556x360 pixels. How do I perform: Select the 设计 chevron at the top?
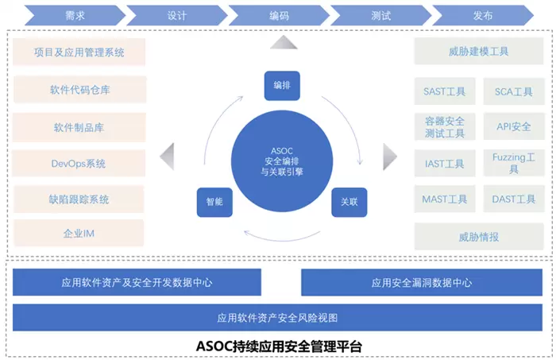[176, 15]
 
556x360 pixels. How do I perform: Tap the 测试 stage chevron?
[379, 15]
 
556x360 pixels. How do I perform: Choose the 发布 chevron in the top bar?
[482, 15]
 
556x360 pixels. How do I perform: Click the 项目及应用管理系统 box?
[79, 53]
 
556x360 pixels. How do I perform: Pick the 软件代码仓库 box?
[79, 90]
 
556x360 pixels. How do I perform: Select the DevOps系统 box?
[79, 164]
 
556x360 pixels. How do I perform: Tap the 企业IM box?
[79, 234]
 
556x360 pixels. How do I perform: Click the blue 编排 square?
[282, 85]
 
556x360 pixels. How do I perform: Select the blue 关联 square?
[349, 202]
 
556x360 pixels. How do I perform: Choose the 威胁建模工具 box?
[473, 52]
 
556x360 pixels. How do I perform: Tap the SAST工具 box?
[445, 91]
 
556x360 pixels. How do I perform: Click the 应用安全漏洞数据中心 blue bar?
[422, 282]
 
